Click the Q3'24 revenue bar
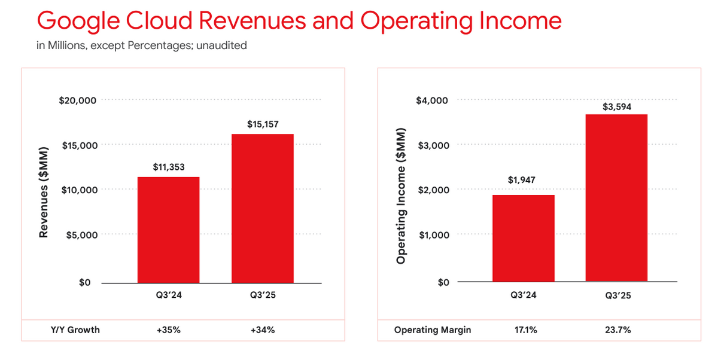(x=168, y=230)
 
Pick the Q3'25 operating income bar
(x=616, y=197)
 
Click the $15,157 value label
(x=263, y=124)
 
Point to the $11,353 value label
(x=168, y=167)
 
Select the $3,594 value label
(x=616, y=107)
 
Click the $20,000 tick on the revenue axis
(x=78, y=100)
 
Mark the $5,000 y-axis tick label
(x=80, y=234)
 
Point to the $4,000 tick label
(x=432, y=100)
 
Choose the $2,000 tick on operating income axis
(x=432, y=190)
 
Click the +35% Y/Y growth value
(x=168, y=330)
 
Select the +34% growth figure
(x=263, y=330)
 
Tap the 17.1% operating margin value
(x=523, y=330)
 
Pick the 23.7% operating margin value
(x=616, y=330)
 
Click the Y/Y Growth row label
(x=75, y=330)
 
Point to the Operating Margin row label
(x=433, y=330)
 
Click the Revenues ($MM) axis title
(x=44, y=191)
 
